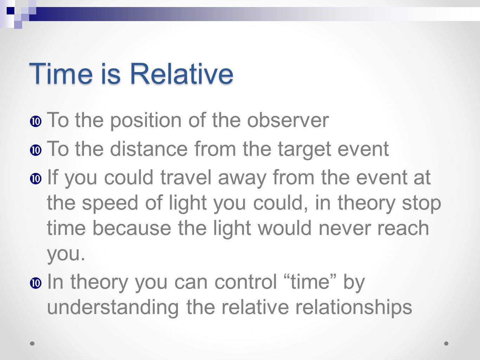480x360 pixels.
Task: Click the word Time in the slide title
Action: [x=61, y=73]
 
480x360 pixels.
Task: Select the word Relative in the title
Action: [x=181, y=73]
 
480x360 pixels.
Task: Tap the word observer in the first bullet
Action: [x=288, y=120]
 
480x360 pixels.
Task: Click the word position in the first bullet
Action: [x=146, y=121]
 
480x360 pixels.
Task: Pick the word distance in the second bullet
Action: [x=149, y=149]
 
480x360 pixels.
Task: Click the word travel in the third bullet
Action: [x=186, y=177]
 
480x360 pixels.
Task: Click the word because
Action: [x=132, y=228]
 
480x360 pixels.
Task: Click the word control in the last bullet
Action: [x=246, y=282]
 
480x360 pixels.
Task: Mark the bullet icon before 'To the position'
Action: [x=36, y=121]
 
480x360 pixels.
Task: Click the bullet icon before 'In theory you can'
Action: [x=36, y=283]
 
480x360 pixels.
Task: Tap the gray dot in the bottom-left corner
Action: [x=32, y=343]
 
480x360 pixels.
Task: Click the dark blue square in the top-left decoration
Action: [x=11, y=11]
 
